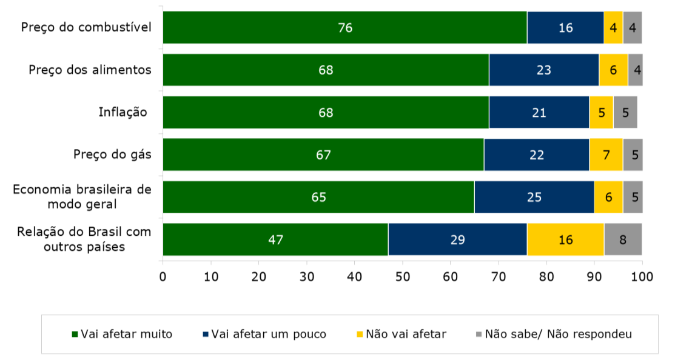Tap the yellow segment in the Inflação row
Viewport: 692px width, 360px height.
click(x=601, y=112)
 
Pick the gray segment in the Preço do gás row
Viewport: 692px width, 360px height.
click(x=633, y=155)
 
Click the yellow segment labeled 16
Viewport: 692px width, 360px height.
click(x=565, y=239)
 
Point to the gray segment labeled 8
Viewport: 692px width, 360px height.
click(x=623, y=239)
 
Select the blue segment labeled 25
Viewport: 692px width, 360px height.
click(x=534, y=197)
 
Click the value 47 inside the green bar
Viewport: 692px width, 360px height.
click(x=275, y=239)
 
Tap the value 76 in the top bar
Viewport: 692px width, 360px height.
click(x=345, y=28)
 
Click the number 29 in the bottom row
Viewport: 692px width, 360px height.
click(x=457, y=239)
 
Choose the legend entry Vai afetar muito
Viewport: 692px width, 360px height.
click(x=122, y=334)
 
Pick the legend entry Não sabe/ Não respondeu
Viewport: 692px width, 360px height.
click(x=554, y=334)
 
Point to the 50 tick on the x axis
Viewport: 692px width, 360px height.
click(x=403, y=277)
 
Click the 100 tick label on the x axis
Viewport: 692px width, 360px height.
click(x=642, y=277)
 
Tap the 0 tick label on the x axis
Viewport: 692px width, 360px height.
click(x=163, y=277)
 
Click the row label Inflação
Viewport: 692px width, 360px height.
click(x=123, y=112)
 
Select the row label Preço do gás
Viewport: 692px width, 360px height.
click(x=112, y=155)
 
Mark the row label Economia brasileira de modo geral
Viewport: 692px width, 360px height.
click(x=82, y=196)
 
